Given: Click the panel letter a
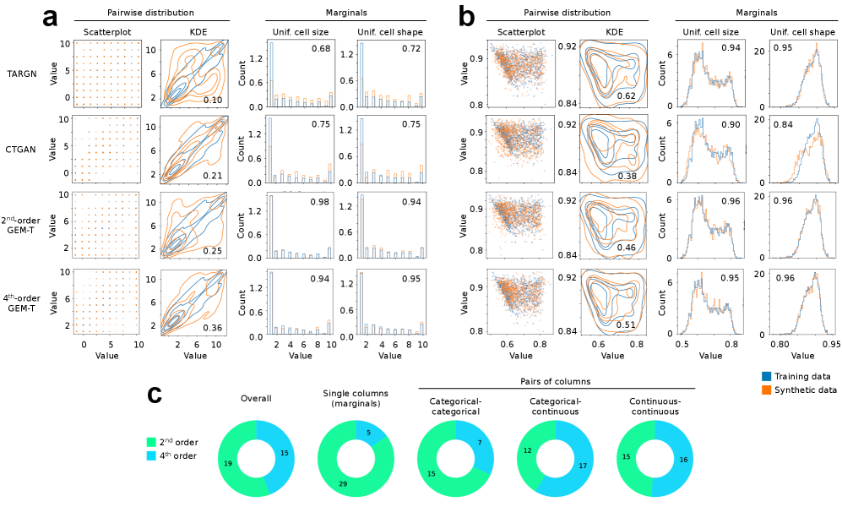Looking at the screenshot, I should pos(51,16).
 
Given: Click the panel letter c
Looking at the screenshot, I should pos(155,395).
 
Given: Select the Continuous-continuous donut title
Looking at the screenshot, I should pos(651,407).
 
